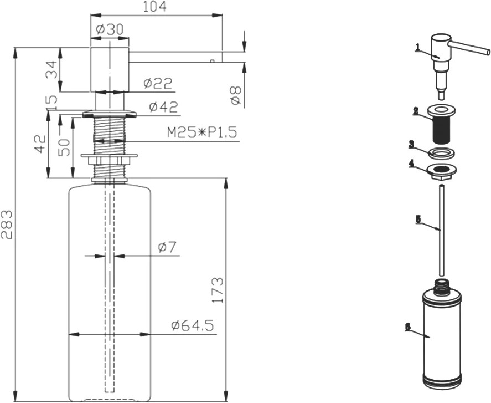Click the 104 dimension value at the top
tap(154, 7)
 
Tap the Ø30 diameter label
tap(110, 29)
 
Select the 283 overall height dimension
tap(7, 225)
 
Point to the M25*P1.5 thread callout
tap(202, 132)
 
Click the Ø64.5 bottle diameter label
tap(193, 326)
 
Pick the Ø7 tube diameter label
tap(167, 247)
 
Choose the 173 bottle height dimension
tap(218, 290)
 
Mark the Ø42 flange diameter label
tap(163, 107)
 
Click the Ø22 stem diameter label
tap(158, 83)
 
